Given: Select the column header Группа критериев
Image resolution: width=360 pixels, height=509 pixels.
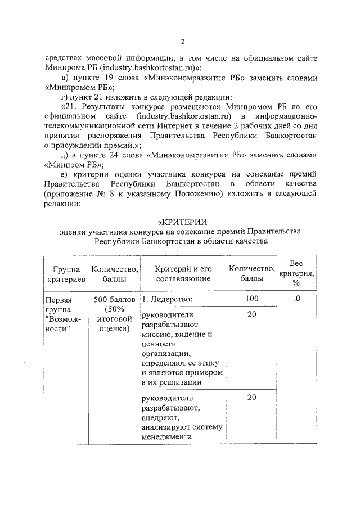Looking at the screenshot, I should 62,273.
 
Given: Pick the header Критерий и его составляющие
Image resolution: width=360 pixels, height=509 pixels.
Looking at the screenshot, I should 183,273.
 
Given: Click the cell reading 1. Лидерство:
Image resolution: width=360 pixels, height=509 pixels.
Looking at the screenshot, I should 168,299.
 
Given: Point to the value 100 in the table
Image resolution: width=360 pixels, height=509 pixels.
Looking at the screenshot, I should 251,299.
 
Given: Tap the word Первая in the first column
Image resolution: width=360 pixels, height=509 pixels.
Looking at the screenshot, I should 59,299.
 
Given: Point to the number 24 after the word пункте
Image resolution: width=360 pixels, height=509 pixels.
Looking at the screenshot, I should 117,155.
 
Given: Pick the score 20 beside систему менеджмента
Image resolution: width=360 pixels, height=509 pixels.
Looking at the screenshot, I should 251,398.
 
